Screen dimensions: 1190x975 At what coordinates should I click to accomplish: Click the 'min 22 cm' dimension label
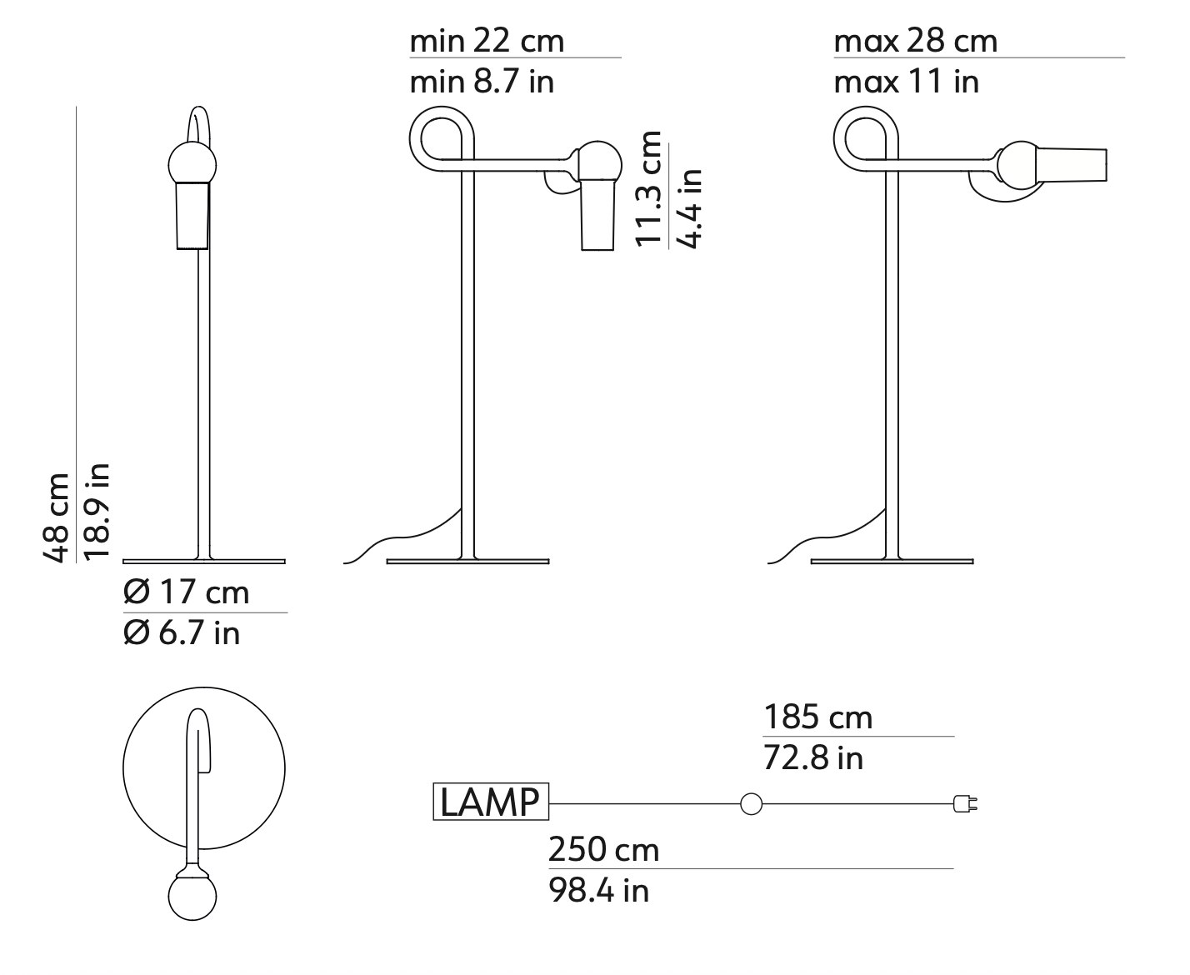(487, 41)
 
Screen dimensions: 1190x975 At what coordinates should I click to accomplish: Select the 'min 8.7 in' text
(482, 82)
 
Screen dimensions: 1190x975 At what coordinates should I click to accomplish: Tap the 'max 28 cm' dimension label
(915, 41)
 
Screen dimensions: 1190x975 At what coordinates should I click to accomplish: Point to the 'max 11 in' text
(906, 82)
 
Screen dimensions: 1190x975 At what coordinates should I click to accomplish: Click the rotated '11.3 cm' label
(647, 189)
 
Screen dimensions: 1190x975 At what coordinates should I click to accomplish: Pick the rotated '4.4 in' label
(689, 208)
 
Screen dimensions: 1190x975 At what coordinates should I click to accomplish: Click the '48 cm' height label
(56, 518)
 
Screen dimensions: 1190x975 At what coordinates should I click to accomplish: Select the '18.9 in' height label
(97, 512)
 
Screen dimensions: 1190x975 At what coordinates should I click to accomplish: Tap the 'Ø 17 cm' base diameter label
(186, 592)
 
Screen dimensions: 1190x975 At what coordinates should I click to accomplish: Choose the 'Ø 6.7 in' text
(182, 632)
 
